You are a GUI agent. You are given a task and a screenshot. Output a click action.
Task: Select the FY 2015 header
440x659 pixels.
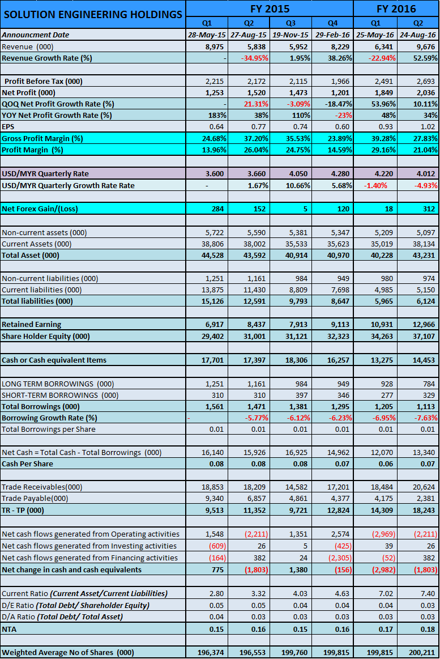pos(270,8)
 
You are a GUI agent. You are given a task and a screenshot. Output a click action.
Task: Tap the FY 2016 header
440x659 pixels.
pos(396,8)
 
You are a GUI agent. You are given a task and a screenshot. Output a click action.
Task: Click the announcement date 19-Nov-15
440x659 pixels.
pos(291,35)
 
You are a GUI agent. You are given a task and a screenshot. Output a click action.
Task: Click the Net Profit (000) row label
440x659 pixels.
pos(28,92)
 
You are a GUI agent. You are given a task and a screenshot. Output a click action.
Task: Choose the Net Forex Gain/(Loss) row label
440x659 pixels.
pos(40,209)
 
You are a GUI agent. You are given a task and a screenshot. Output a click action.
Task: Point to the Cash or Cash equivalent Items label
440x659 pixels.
pos(54,360)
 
